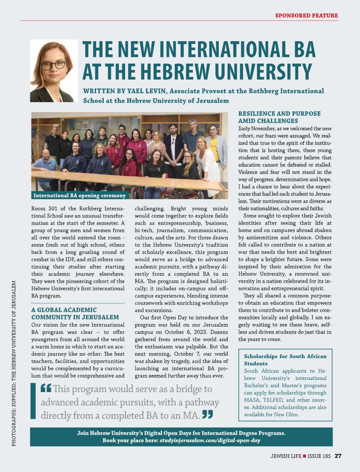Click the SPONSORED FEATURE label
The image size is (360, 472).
(306, 16)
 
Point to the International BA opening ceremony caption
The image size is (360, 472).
(80, 196)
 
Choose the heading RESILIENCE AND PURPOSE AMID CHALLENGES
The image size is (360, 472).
(279, 117)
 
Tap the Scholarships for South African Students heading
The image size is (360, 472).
(285, 360)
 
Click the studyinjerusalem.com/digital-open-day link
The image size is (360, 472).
(209, 440)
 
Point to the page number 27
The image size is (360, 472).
(338, 456)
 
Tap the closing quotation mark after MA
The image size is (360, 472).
(207, 414)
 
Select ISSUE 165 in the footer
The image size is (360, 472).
(319, 456)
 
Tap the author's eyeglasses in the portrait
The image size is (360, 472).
(53, 65)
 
